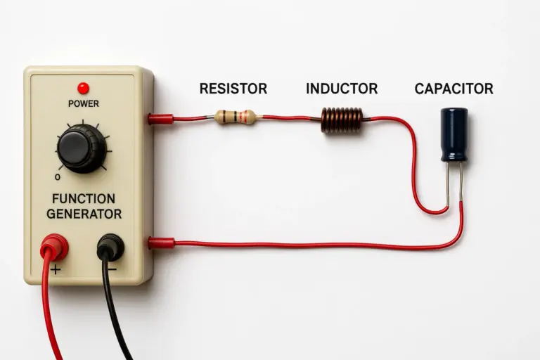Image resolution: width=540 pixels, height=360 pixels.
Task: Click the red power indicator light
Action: click(x=83, y=88)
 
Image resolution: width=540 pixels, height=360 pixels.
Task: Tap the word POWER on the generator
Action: click(x=84, y=103)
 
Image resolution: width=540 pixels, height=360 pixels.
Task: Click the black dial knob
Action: click(x=82, y=149)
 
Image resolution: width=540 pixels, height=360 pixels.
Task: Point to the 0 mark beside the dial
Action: click(x=58, y=177)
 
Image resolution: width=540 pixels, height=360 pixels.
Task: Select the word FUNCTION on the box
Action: click(x=84, y=199)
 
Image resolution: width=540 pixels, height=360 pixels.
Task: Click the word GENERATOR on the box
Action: click(x=84, y=214)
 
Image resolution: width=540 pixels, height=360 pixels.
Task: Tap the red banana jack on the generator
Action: click(x=54, y=247)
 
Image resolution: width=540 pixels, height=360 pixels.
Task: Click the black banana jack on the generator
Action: click(x=110, y=247)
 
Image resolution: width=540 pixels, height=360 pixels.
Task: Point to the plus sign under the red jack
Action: click(x=56, y=269)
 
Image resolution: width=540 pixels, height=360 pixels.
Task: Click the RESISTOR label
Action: click(x=233, y=89)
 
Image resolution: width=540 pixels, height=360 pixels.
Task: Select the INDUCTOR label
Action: click(x=342, y=89)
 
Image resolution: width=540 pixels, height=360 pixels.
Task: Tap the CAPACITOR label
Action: click(x=454, y=89)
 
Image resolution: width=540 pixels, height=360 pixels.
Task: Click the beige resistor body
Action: click(x=235, y=117)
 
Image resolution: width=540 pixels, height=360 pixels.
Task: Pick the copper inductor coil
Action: click(x=342, y=120)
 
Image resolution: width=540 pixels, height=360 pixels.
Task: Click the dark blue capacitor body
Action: click(x=455, y=135)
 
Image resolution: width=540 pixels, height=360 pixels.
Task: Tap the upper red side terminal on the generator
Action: click(x=161, y=119)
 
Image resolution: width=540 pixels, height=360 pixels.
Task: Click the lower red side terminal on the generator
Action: click(x=162, y=243)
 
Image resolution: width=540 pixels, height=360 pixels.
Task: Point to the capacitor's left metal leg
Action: click(x=448, y=184)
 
